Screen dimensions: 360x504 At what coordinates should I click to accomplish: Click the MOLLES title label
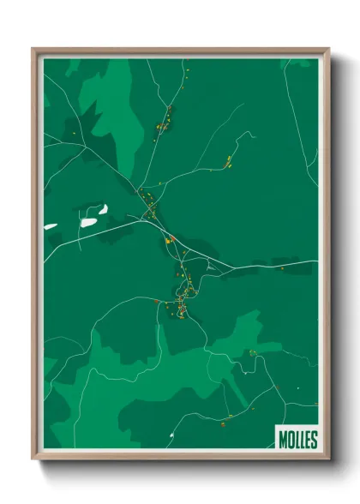tap(297, 440)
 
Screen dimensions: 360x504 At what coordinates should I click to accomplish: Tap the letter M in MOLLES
tap(283, 440)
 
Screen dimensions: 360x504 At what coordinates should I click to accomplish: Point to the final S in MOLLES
tap(314, 440)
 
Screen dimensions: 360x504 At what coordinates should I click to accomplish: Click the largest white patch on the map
tap(89, 222)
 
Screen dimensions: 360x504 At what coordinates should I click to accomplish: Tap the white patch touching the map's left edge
tap(50, 227)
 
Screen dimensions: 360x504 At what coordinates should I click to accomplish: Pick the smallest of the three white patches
tap(102, 207)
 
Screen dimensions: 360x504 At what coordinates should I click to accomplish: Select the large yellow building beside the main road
tap(170, 240)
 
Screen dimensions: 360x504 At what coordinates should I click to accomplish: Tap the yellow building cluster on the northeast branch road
tap(229, 161)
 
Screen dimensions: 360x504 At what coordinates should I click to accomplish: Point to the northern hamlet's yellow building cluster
tap(160, 128)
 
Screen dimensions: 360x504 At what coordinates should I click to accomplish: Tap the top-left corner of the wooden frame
tap(33, 49)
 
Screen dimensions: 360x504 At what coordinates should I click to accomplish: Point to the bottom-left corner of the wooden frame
tap(33, 459)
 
